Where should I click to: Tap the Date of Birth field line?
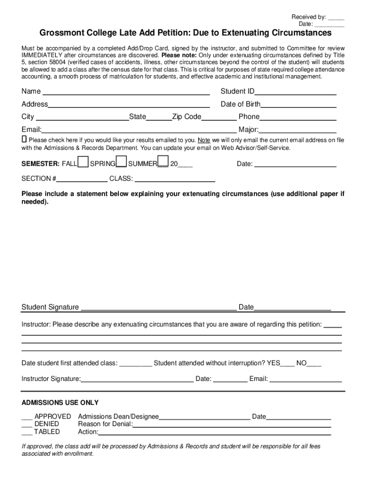(x=299, y=105)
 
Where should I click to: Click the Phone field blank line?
(x=298, y=117)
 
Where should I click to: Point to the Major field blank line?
(x=298, y=130)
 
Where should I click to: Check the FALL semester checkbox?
(x=83, y=162)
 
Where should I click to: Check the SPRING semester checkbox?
(x=121, y=162)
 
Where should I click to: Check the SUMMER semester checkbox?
(x=163, y=162)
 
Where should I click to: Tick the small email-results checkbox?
(x=24, y=140)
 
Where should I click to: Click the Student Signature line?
(x=159, y=308)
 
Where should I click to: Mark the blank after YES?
(x=287, y=364)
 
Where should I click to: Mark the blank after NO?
(x=314, y=364)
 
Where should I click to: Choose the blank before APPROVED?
(x=27, y=417)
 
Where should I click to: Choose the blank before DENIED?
(x=27, y=424)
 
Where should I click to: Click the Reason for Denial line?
(x=231, y=425)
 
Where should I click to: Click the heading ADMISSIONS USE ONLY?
(x=60, y=403)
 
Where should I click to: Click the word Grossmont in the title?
(x=60, y=33)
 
